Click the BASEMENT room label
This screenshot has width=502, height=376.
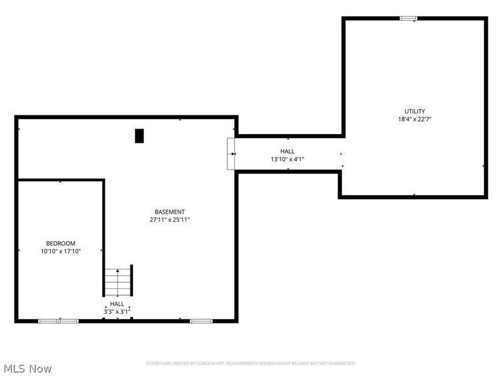[169, 212]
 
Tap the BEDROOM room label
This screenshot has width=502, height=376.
[60, 243]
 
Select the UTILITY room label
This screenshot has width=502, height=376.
[414, 112]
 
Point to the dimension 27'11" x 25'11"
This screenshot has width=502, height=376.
[169, 220]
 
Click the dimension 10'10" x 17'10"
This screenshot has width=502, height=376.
[60, 251]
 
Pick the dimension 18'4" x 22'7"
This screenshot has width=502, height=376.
[414, 120]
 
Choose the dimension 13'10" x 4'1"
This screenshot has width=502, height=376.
[287, 159]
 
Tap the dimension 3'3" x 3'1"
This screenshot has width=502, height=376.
[117, 311]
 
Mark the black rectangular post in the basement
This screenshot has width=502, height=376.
[139, 135]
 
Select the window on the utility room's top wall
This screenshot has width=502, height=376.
[409, 18]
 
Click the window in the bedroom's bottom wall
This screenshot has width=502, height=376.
[58, 321]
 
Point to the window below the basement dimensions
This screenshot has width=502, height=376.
[201, 321]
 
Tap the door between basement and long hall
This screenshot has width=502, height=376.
[232, 154]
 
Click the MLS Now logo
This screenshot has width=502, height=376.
[28, 368]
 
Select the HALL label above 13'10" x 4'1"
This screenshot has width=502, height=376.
[287, 151]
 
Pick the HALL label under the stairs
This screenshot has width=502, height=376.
[117, 304]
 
